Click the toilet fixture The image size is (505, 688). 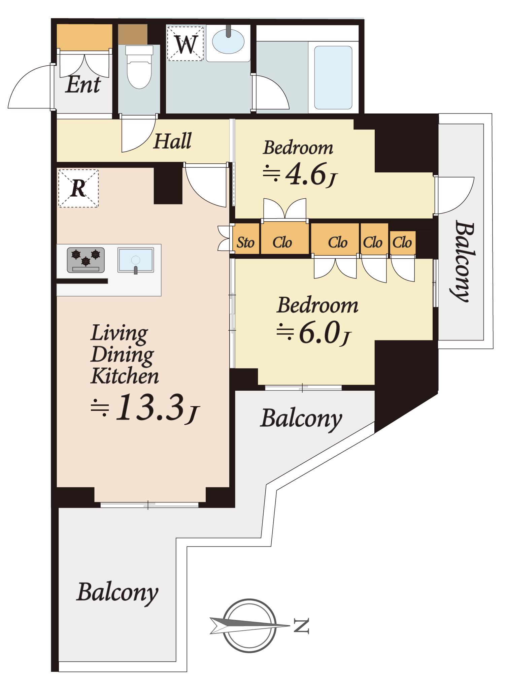139,67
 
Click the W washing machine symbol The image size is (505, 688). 186,43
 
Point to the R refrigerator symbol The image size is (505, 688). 78,188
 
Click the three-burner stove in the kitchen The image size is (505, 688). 86,260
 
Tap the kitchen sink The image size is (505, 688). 136,260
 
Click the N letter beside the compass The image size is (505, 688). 301,625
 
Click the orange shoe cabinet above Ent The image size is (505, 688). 84,36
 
